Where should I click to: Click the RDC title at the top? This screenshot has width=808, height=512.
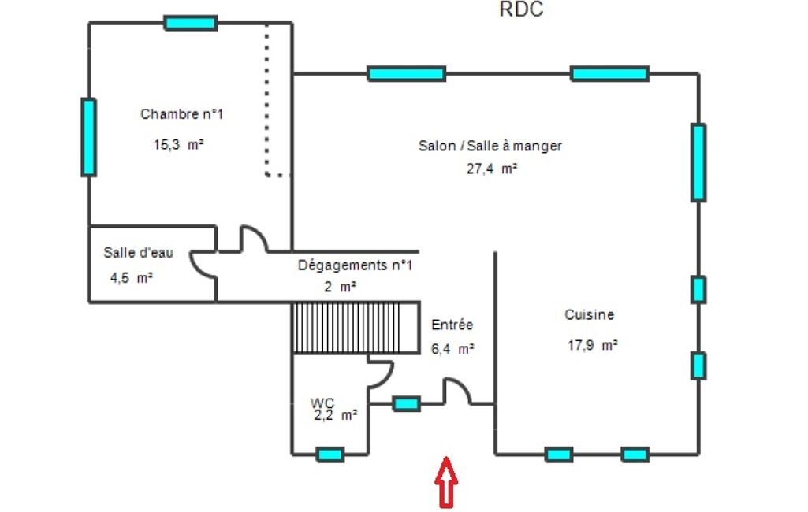(521, 9)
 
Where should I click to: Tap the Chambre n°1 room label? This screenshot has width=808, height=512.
(181, 114)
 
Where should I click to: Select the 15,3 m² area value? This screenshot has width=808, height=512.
(178, 144)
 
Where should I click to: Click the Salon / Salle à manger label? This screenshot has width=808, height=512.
(490, 146)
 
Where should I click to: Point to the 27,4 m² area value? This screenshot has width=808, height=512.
(492, 169)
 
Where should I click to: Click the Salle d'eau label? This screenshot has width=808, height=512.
(138, 252)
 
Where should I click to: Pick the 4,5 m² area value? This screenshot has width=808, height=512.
(131, 278)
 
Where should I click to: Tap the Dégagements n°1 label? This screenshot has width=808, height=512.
(355, 265)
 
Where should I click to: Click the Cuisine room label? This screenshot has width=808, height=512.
(589, 314)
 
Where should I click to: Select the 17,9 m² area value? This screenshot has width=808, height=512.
(593, 345)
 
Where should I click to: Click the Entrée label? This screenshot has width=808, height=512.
(452, 325)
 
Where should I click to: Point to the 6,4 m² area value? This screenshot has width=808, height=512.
(452, 349)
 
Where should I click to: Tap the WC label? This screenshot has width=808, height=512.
(322, 403)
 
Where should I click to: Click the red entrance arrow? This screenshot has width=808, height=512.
(446, 481)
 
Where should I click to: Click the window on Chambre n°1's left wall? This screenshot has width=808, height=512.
(88, 138)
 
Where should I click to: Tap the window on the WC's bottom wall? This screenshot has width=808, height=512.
(330, 454)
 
